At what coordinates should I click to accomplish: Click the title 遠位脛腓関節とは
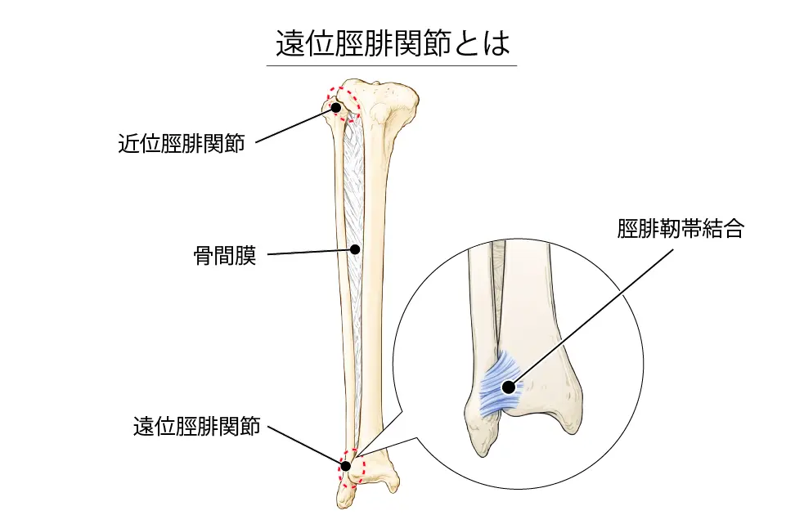[393, 44]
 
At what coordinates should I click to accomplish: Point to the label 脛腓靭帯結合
[680, 230]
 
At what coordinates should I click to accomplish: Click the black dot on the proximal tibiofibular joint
[335, 107]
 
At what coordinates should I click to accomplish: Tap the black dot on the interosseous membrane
[355, 249]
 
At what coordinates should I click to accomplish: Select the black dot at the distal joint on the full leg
[346, 466]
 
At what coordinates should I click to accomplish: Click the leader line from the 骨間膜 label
[307, 252]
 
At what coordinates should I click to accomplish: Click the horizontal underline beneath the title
[393, 65]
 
